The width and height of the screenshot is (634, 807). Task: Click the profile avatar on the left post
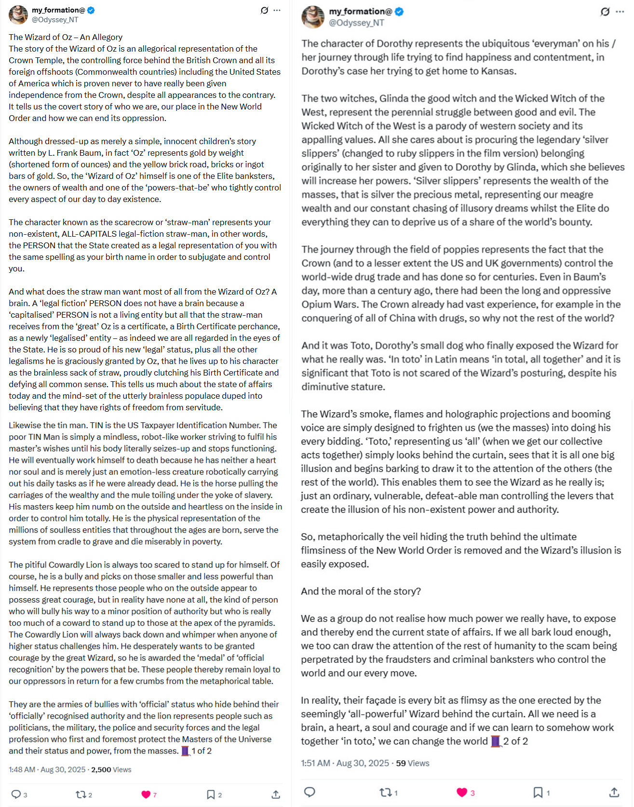18,15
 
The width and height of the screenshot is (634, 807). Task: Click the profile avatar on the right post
313,17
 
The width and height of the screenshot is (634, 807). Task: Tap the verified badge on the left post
91,10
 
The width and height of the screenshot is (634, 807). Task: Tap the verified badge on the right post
399,12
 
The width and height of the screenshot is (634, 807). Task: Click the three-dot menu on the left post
277,11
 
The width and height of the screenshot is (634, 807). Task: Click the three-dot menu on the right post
620,12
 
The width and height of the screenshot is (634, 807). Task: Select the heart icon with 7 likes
146,794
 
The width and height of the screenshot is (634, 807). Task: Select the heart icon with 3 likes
461,792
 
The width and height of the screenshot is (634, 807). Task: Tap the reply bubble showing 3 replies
16,794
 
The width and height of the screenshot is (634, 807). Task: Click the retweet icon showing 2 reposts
81,794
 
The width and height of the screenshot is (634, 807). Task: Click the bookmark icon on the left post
211,794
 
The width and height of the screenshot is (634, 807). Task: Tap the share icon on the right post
614,792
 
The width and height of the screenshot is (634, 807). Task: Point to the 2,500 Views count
111,769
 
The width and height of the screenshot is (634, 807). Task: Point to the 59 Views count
412,763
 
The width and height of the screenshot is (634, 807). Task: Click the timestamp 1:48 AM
22,769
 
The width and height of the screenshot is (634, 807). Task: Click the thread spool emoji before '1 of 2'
185,751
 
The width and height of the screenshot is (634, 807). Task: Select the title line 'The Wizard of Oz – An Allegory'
66,37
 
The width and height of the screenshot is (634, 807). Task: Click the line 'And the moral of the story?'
361,591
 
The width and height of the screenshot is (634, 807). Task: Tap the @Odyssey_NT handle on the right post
356,23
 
